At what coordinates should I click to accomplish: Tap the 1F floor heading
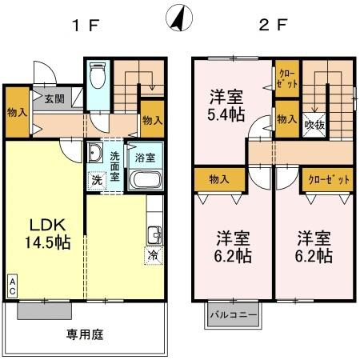[86, 24]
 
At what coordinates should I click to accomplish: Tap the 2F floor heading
[272, 24]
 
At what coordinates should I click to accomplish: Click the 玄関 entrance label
[54, 99]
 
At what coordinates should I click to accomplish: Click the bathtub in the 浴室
[146, 179]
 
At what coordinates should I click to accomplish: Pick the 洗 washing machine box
[96, 180]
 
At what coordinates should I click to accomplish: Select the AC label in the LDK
[13, 286]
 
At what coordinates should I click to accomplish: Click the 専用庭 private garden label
[86, 334]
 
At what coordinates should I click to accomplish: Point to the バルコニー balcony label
[234, 314]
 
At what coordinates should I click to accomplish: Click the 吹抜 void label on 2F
[314, 125]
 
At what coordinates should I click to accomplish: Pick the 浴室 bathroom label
[144, 158]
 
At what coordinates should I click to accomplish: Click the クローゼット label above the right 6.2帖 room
[330, 179]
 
